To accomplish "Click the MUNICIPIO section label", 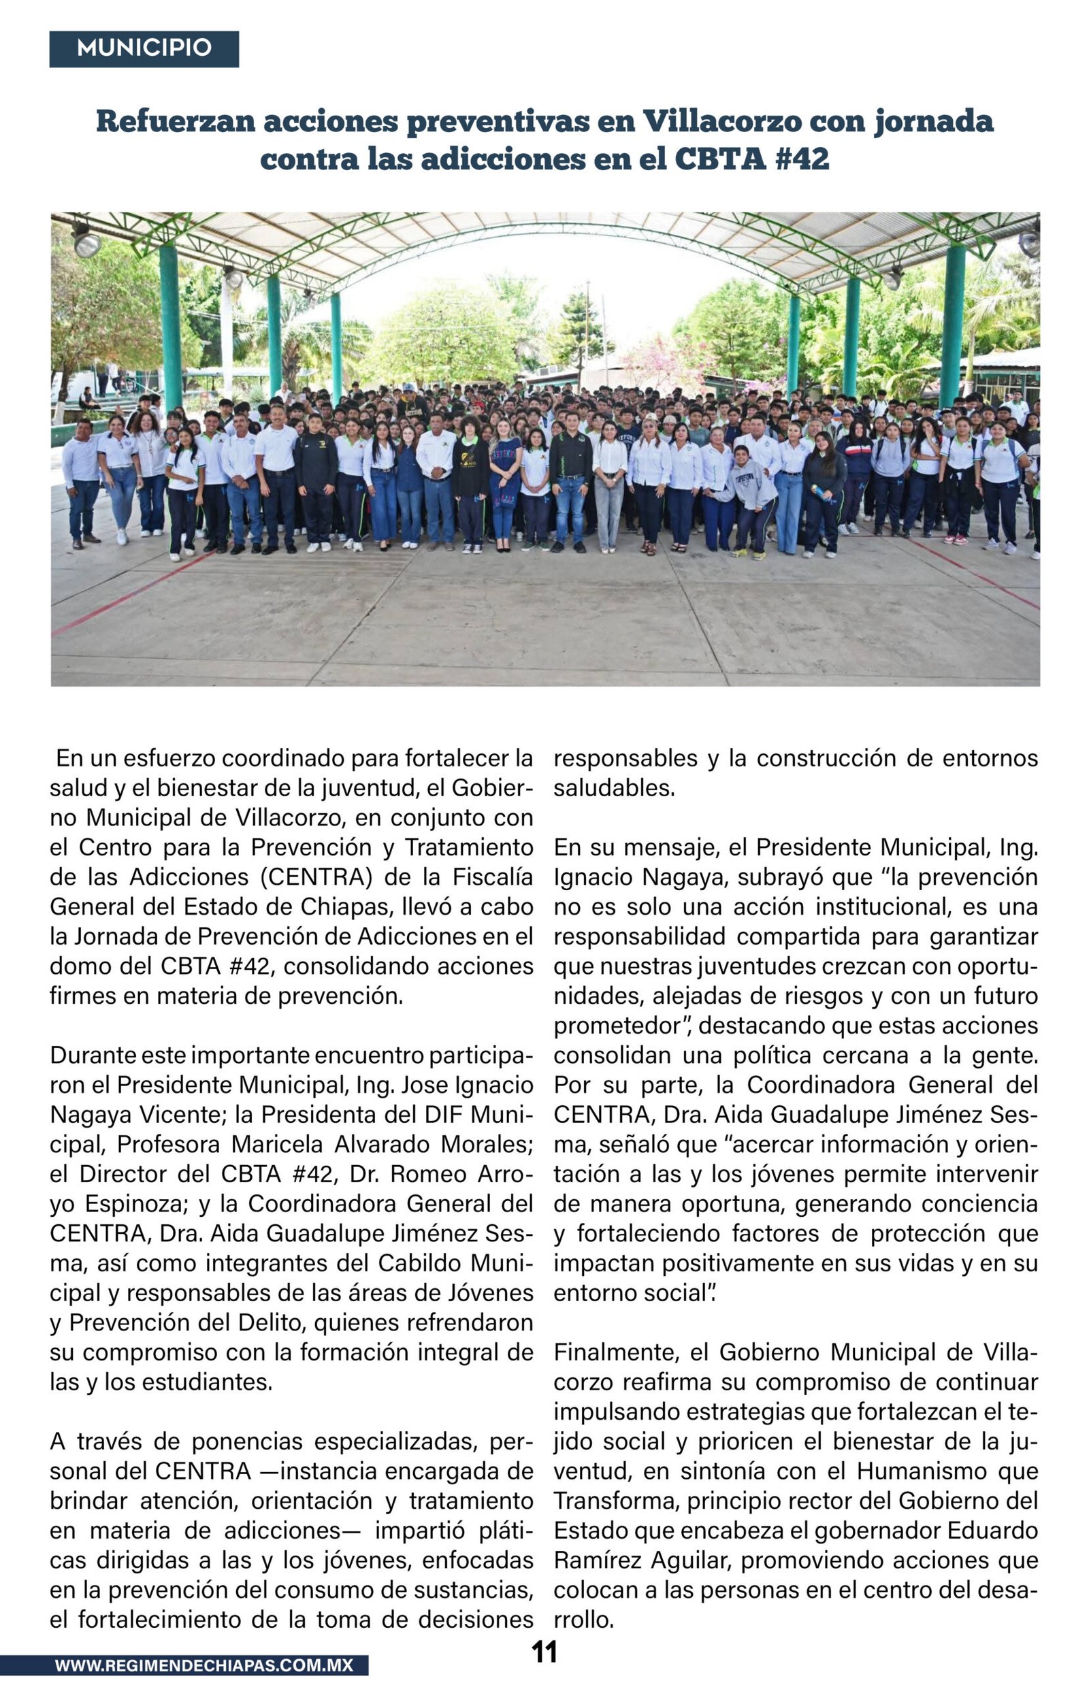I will (144, 48).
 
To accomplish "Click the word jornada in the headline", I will (933, 122).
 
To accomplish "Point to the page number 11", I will (544, 1652).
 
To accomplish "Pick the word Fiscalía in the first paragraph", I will (493, 877).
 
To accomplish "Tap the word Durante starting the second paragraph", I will (92, 1055).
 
